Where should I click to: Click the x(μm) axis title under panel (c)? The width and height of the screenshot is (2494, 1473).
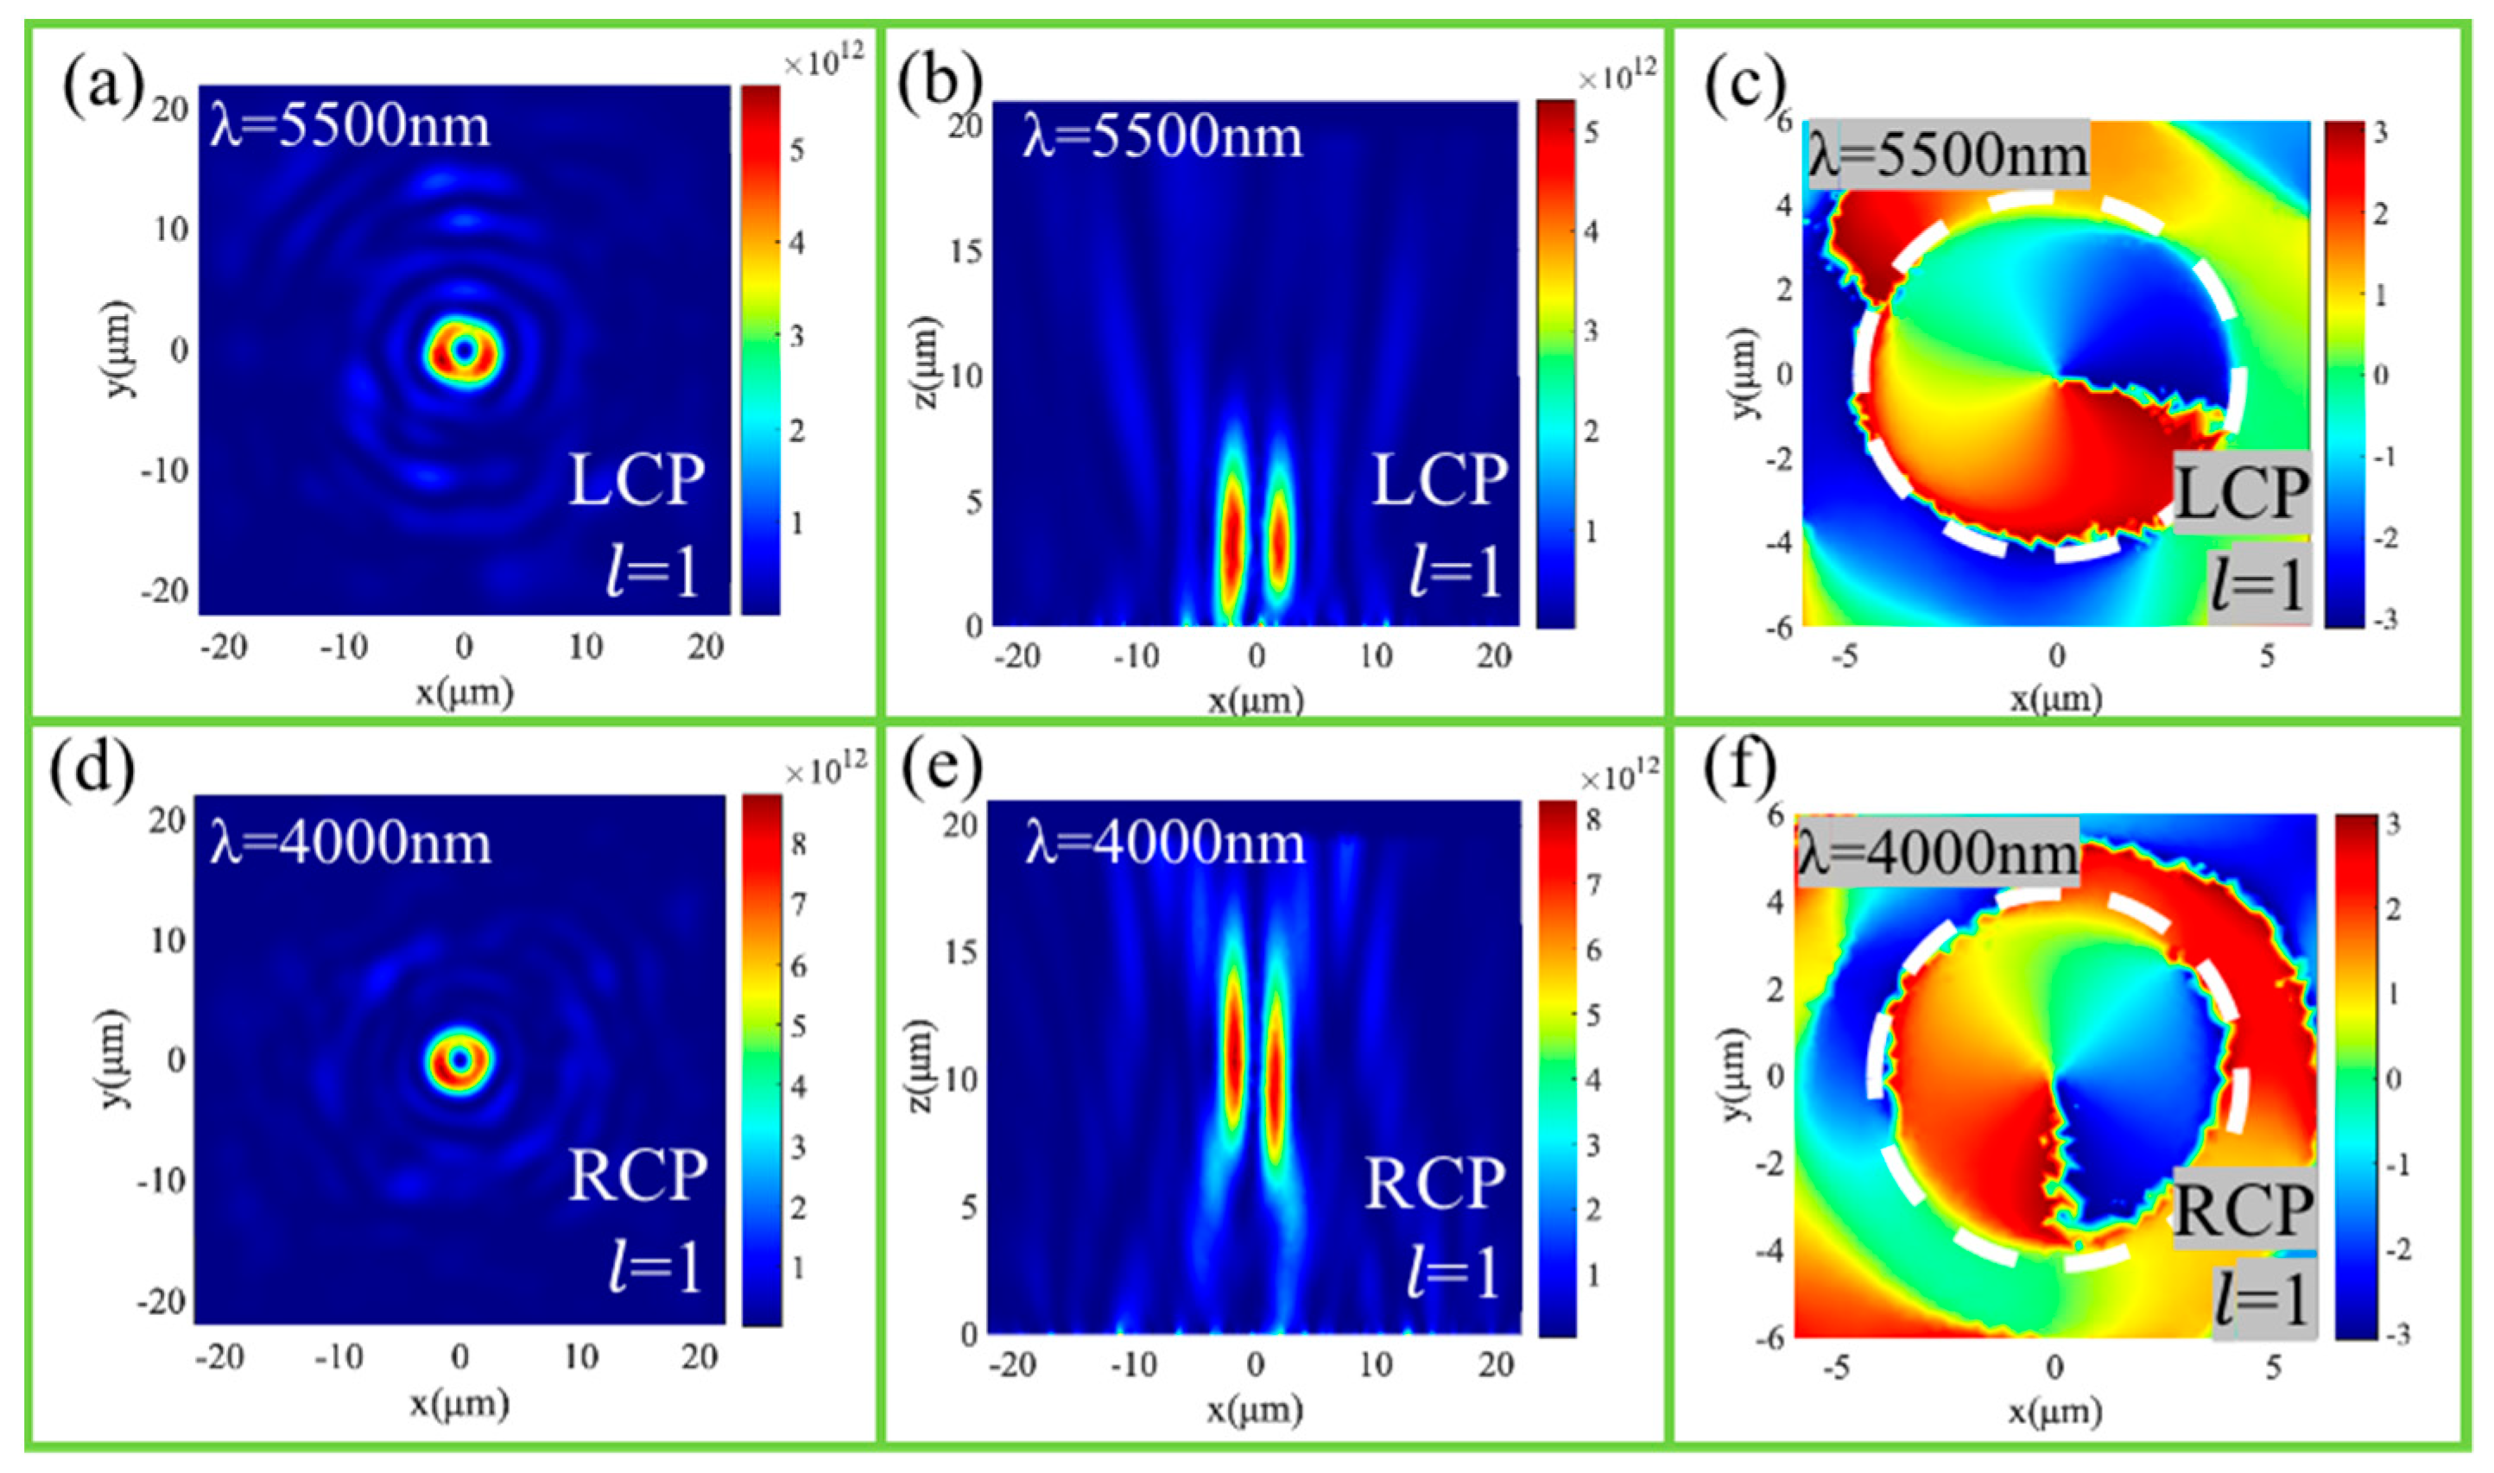(2055, 699)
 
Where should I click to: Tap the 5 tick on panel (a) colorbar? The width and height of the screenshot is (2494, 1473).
(797, 151)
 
